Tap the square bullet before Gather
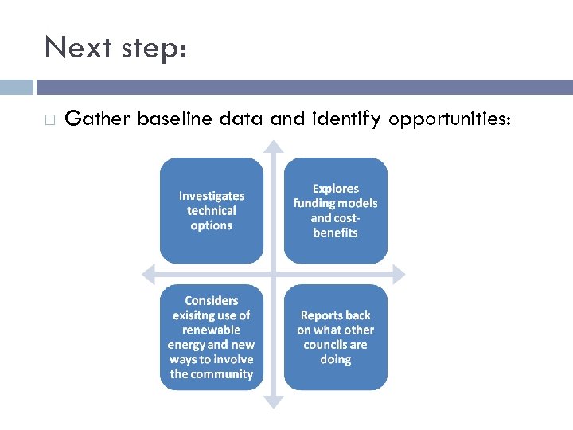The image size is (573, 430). point(49,120)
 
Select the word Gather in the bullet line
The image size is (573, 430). point(99,119)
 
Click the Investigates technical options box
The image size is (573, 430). point(211,210)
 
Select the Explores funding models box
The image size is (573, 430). point(335,210)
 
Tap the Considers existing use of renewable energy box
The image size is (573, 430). point(211,337)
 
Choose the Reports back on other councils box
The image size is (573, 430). point(335,337)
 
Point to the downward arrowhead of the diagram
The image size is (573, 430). point(273,402)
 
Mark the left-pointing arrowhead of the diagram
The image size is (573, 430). point(147,274)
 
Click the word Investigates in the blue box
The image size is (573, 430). point(212,196)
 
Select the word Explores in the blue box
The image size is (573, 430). point(336,189)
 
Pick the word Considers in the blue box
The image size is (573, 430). point(212,300)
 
